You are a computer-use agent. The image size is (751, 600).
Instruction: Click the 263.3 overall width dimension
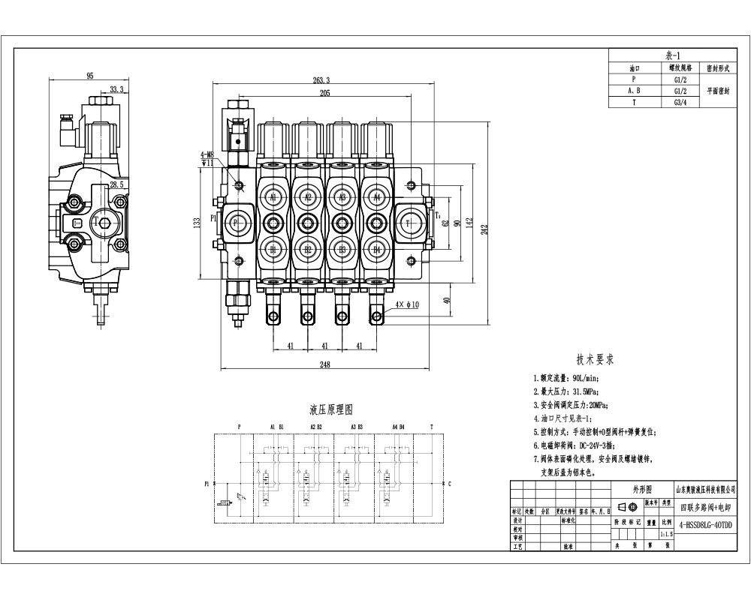321,80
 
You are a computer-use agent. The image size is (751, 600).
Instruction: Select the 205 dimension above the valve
324,93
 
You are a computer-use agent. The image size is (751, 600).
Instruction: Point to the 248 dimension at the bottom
324,364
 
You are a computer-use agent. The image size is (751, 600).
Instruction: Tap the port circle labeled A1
273,197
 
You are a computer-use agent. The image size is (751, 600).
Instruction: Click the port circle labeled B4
377,248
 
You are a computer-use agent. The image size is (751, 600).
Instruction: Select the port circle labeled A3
342,197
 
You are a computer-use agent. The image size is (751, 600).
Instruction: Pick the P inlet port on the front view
236,223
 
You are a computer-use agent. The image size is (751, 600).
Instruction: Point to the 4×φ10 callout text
408,304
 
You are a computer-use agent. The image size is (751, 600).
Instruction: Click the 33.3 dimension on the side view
116,89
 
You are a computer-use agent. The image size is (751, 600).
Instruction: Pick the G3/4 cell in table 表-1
678,102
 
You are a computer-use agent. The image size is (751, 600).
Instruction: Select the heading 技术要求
595,360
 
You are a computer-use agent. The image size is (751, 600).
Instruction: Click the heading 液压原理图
330,410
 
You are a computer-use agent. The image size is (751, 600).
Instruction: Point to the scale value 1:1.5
665,534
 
